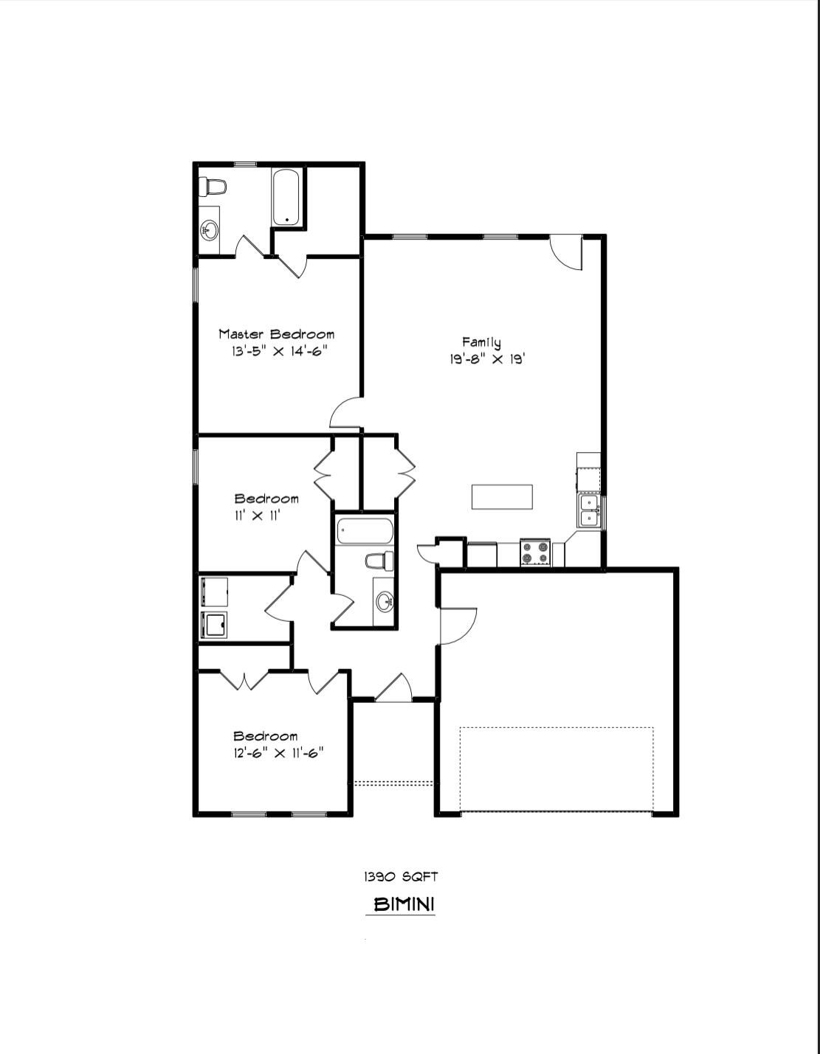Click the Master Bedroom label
pos(276,334)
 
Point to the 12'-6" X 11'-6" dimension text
pos(278,753)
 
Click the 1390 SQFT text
pos(401,876)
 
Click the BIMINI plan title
pos(403,904)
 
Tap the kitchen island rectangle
pos(502,496)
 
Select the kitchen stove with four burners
pos(535,552)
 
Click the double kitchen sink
pos(588,510)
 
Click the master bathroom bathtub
pos(286,198)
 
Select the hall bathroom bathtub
pos(364,530)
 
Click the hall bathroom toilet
pos(379,561)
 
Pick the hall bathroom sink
pos(384,602)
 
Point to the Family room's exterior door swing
pos(567,252)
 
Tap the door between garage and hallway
pos(458,625)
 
